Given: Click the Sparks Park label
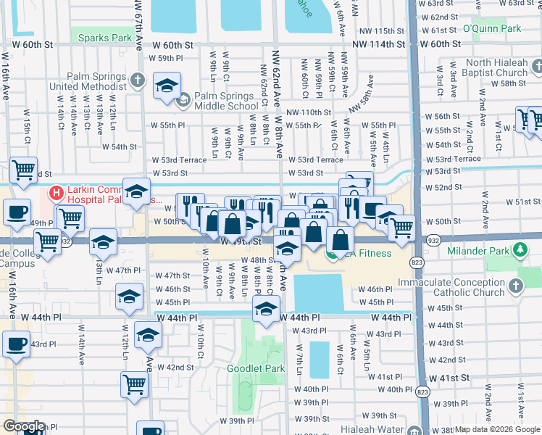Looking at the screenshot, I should (105, 38).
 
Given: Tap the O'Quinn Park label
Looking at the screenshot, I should (492, 29).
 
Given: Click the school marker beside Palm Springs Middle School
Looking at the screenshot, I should (167, 87).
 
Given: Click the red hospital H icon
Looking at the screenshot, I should (55, 192).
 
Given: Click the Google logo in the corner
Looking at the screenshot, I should (23, 426).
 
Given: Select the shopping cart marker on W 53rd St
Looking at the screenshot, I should (23, 170).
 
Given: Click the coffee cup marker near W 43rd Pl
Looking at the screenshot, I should (16, 344).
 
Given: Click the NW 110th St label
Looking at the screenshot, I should (308, 112).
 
